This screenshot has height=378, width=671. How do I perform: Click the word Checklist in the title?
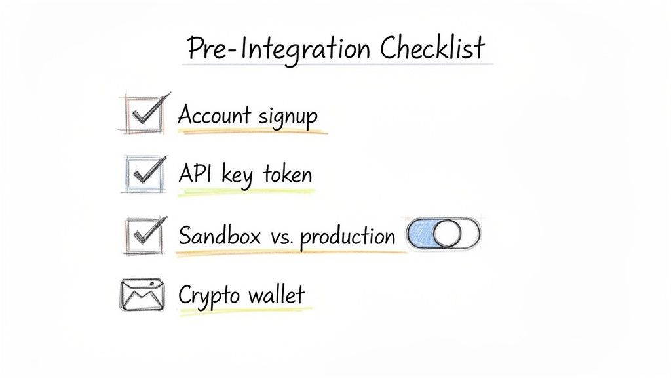tap(433, 49)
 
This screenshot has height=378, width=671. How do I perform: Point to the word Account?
tap(214, 115)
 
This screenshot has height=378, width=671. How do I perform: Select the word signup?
tap(288, 117)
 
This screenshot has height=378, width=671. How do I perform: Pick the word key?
tap(238, 176)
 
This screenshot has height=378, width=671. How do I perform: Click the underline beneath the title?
tap(337, 64)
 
